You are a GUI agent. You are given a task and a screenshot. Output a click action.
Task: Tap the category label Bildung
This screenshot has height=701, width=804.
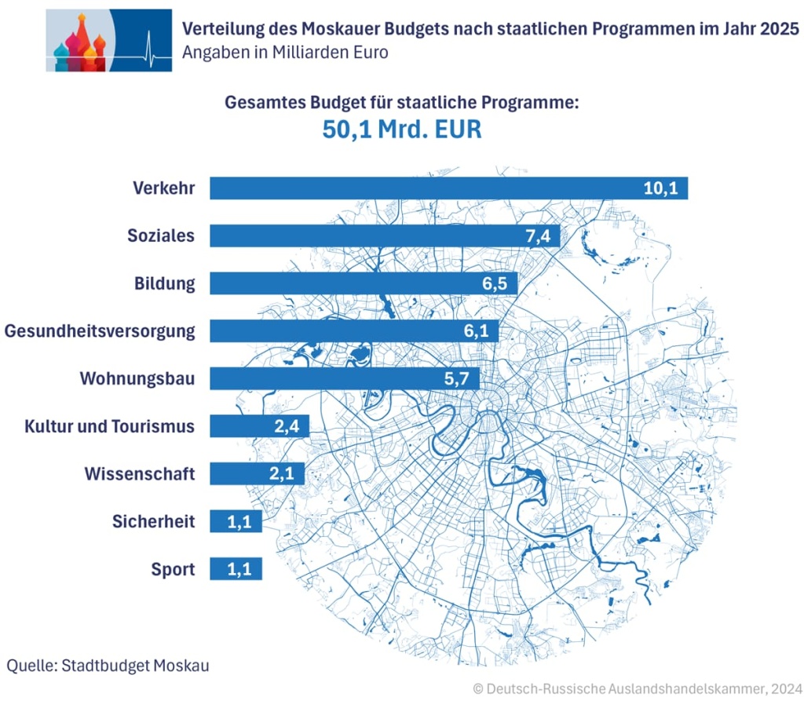point(164,283)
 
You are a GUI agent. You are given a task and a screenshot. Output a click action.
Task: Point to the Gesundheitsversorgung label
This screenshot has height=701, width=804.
point(100,331)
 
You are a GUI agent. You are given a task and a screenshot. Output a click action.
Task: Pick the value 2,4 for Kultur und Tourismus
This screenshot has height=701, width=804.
point(288,426)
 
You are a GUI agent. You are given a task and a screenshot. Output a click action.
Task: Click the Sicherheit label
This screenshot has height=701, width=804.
point(153,521)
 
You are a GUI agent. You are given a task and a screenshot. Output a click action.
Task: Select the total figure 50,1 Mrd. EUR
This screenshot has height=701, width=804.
point(401,130)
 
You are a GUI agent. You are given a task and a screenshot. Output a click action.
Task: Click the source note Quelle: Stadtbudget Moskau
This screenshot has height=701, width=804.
point(108,666)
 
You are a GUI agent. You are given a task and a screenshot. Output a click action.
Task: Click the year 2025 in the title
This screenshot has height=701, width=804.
point(778,29)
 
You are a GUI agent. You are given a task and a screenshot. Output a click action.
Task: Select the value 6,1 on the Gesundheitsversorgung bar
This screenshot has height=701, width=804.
point(476,331)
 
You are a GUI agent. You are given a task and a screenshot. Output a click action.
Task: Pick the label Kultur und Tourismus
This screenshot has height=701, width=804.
point(109,426)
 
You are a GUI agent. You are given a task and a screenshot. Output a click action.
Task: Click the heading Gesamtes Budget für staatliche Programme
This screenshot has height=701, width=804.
point(401,102)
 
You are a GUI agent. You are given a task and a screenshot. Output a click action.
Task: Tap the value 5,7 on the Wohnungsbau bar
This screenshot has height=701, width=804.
point(456,378)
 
